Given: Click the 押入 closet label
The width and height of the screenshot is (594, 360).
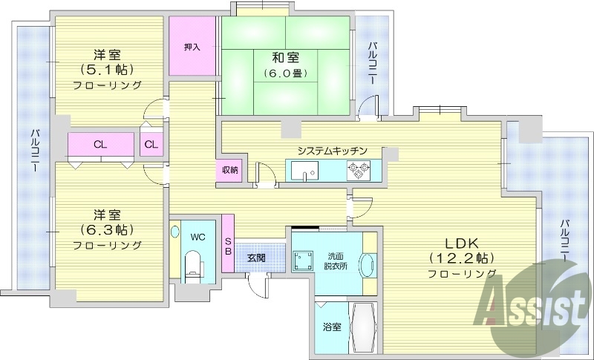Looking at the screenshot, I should pos(192,47).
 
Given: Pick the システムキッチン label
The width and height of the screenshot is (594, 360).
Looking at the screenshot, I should pos(332,151).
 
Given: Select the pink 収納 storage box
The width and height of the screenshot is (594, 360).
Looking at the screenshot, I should pos(229,170).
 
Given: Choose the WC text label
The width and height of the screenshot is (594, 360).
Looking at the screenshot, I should pos(198,238).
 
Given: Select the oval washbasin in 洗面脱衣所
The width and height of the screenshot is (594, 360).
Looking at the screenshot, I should pos(368,266).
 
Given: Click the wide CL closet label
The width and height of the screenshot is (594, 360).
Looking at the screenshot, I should pos(99,145).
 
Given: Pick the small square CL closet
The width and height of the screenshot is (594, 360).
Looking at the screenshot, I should pos(151,145).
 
